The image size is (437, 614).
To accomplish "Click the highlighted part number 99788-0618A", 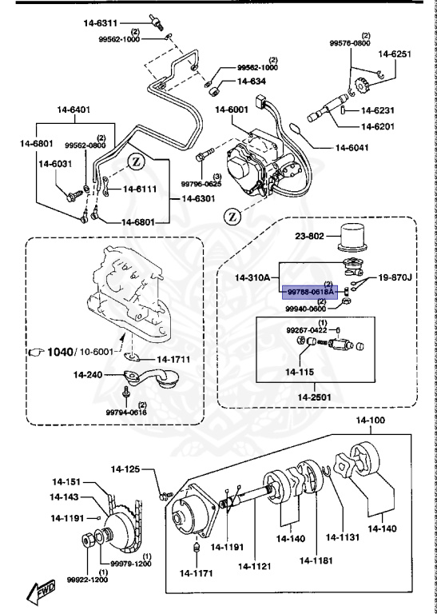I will click(x=310, y=293).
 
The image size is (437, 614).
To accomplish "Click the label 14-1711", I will click(x=173, y=359).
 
